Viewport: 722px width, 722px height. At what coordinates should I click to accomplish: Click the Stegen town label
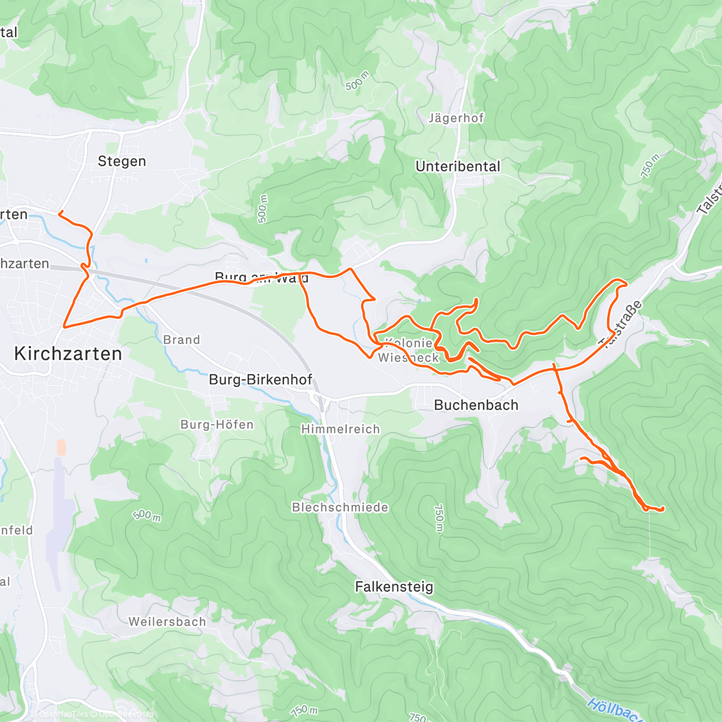pos(122,161)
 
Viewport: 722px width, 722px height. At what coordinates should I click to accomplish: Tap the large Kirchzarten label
pos(68,354)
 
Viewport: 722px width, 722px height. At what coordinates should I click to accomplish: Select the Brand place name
pos(181,340)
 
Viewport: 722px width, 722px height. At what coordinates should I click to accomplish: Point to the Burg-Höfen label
pos(217,425)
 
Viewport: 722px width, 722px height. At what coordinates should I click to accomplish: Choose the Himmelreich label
pos(341,430)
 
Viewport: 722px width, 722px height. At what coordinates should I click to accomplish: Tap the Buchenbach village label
pos(476,405)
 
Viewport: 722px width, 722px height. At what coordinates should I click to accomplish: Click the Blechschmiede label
pos(340,507)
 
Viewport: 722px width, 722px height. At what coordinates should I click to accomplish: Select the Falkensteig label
pos(394,587)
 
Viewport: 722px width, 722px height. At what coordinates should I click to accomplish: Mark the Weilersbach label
pos(167,622)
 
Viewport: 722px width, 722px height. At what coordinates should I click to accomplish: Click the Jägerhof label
pos(456,119)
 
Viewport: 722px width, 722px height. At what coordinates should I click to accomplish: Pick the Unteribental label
pos(458,167)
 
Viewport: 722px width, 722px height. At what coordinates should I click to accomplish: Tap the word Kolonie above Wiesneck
pos(409,344)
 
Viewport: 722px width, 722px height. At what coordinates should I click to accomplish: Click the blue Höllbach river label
pos(614,709)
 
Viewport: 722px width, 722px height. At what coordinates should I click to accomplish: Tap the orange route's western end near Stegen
pos(59,212)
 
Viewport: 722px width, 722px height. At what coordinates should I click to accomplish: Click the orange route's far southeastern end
pos(662,509)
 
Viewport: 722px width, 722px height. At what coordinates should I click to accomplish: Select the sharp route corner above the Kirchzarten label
pos(64,326)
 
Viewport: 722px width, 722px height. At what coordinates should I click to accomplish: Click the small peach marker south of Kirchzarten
pos(61,447)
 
